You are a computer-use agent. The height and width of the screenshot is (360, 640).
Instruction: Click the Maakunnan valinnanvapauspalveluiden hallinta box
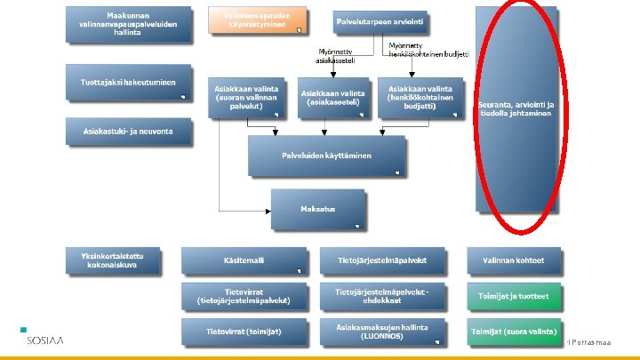(128, 26)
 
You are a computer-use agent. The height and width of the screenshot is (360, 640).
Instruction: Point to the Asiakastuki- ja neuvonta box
(128, 132)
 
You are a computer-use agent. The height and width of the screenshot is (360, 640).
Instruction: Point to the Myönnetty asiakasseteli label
(337, 56)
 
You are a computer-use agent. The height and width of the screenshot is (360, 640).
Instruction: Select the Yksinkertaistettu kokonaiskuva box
(117, 260)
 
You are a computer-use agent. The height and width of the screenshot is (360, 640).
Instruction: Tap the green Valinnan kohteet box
(514, 260)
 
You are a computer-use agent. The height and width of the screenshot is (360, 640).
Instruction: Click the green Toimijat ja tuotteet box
(514, 296)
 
